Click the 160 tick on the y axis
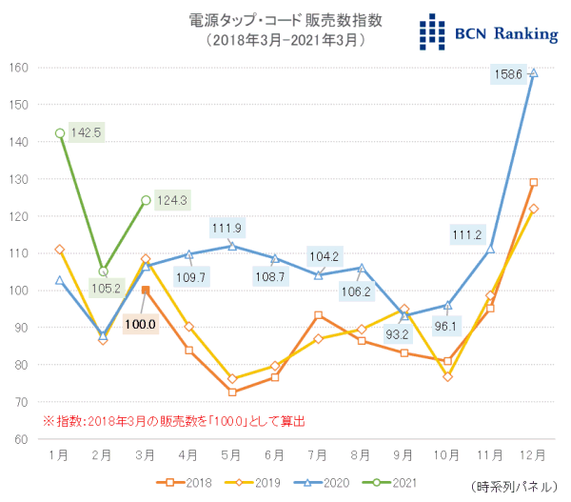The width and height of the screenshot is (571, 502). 19,68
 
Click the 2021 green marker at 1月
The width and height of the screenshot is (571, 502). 60,133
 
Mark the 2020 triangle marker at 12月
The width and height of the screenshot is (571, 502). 533,72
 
